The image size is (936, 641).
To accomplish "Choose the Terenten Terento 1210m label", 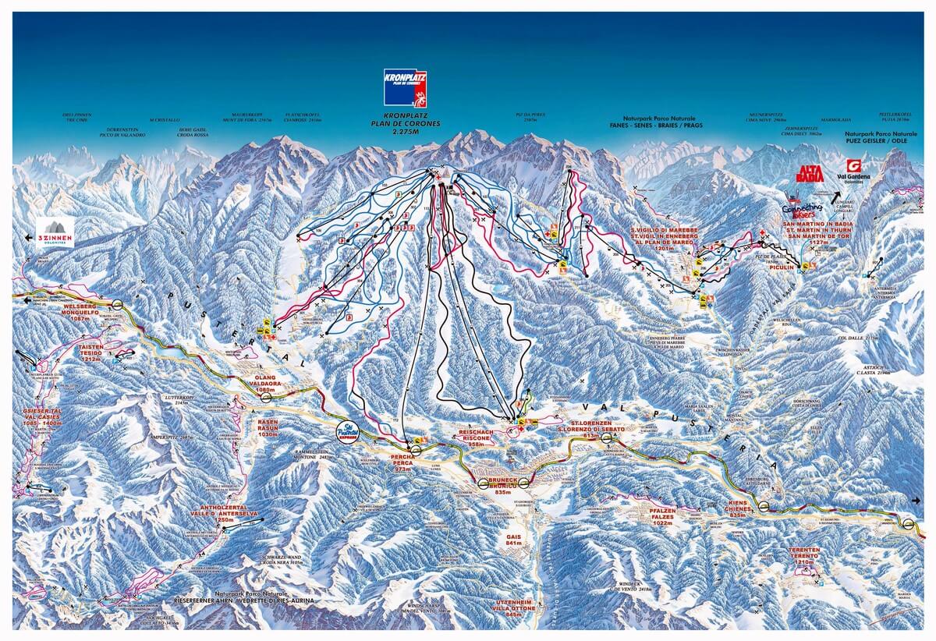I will [x=795, y=556].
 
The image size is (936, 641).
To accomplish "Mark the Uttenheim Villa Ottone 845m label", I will [x=512, y=607].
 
